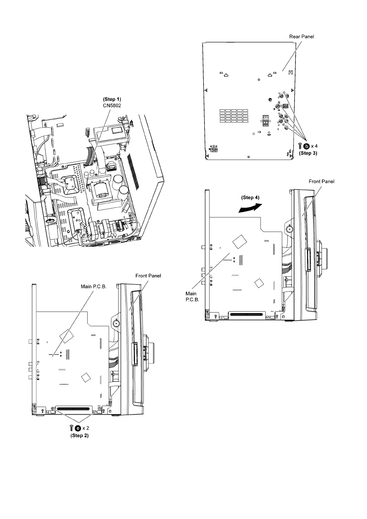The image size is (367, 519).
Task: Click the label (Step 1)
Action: click(x=112, y=99)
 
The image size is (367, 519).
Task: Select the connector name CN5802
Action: click(x=112, y=105)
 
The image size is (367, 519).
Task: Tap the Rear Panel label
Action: click(x=301, y=36)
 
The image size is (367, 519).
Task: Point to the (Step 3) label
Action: click(x=307, y=153)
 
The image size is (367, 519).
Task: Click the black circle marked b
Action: click(x=307, y=146)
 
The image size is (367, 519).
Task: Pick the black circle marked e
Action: click(x=78, y=428)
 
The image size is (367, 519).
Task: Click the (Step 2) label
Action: click(x=80, y=435)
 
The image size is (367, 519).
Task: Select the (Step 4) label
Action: click(x=250, y=197)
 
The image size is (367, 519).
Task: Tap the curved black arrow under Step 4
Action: click(x=249, y=208)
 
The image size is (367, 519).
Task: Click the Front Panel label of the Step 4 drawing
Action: click(x=321, y=181)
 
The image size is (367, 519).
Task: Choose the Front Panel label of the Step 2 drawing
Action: click(x=148, y=276)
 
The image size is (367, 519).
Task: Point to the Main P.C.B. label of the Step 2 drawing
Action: click(x=93, y=286)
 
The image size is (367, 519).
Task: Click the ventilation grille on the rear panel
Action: click(x=234, y=116)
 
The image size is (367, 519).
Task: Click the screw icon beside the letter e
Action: click(x=72, y=428)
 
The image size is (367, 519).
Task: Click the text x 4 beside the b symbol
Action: click(x=314, y=146)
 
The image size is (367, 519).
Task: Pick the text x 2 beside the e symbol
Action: click(x=86, y=428)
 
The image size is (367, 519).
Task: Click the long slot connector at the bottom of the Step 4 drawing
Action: click(x=245, y=315)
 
